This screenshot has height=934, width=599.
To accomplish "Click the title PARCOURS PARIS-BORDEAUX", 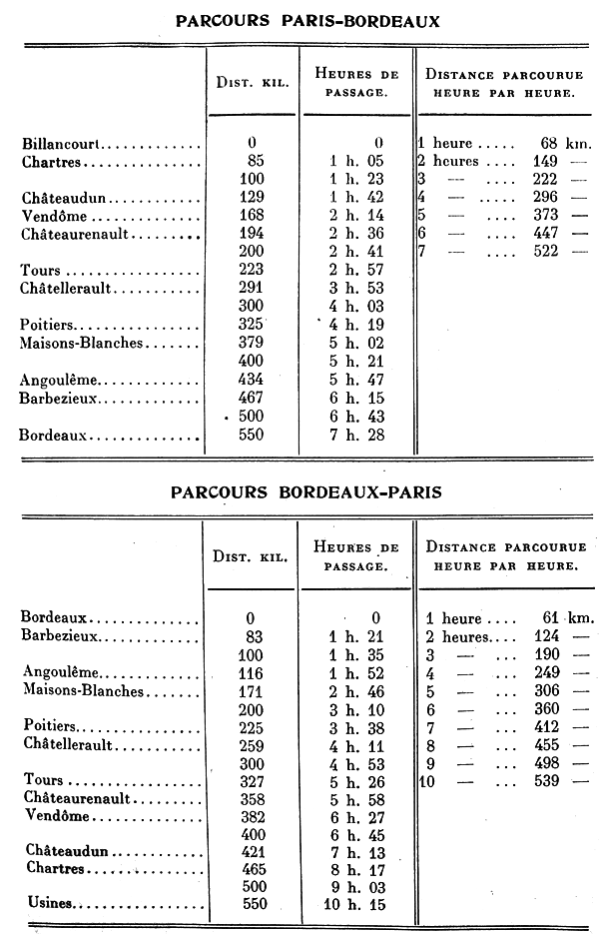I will click(x=306, y=21).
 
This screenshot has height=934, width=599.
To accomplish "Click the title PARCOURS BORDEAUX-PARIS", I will click(x=306, y=492).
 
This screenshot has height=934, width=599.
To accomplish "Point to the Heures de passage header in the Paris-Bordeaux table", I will click(x=356, y=82).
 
